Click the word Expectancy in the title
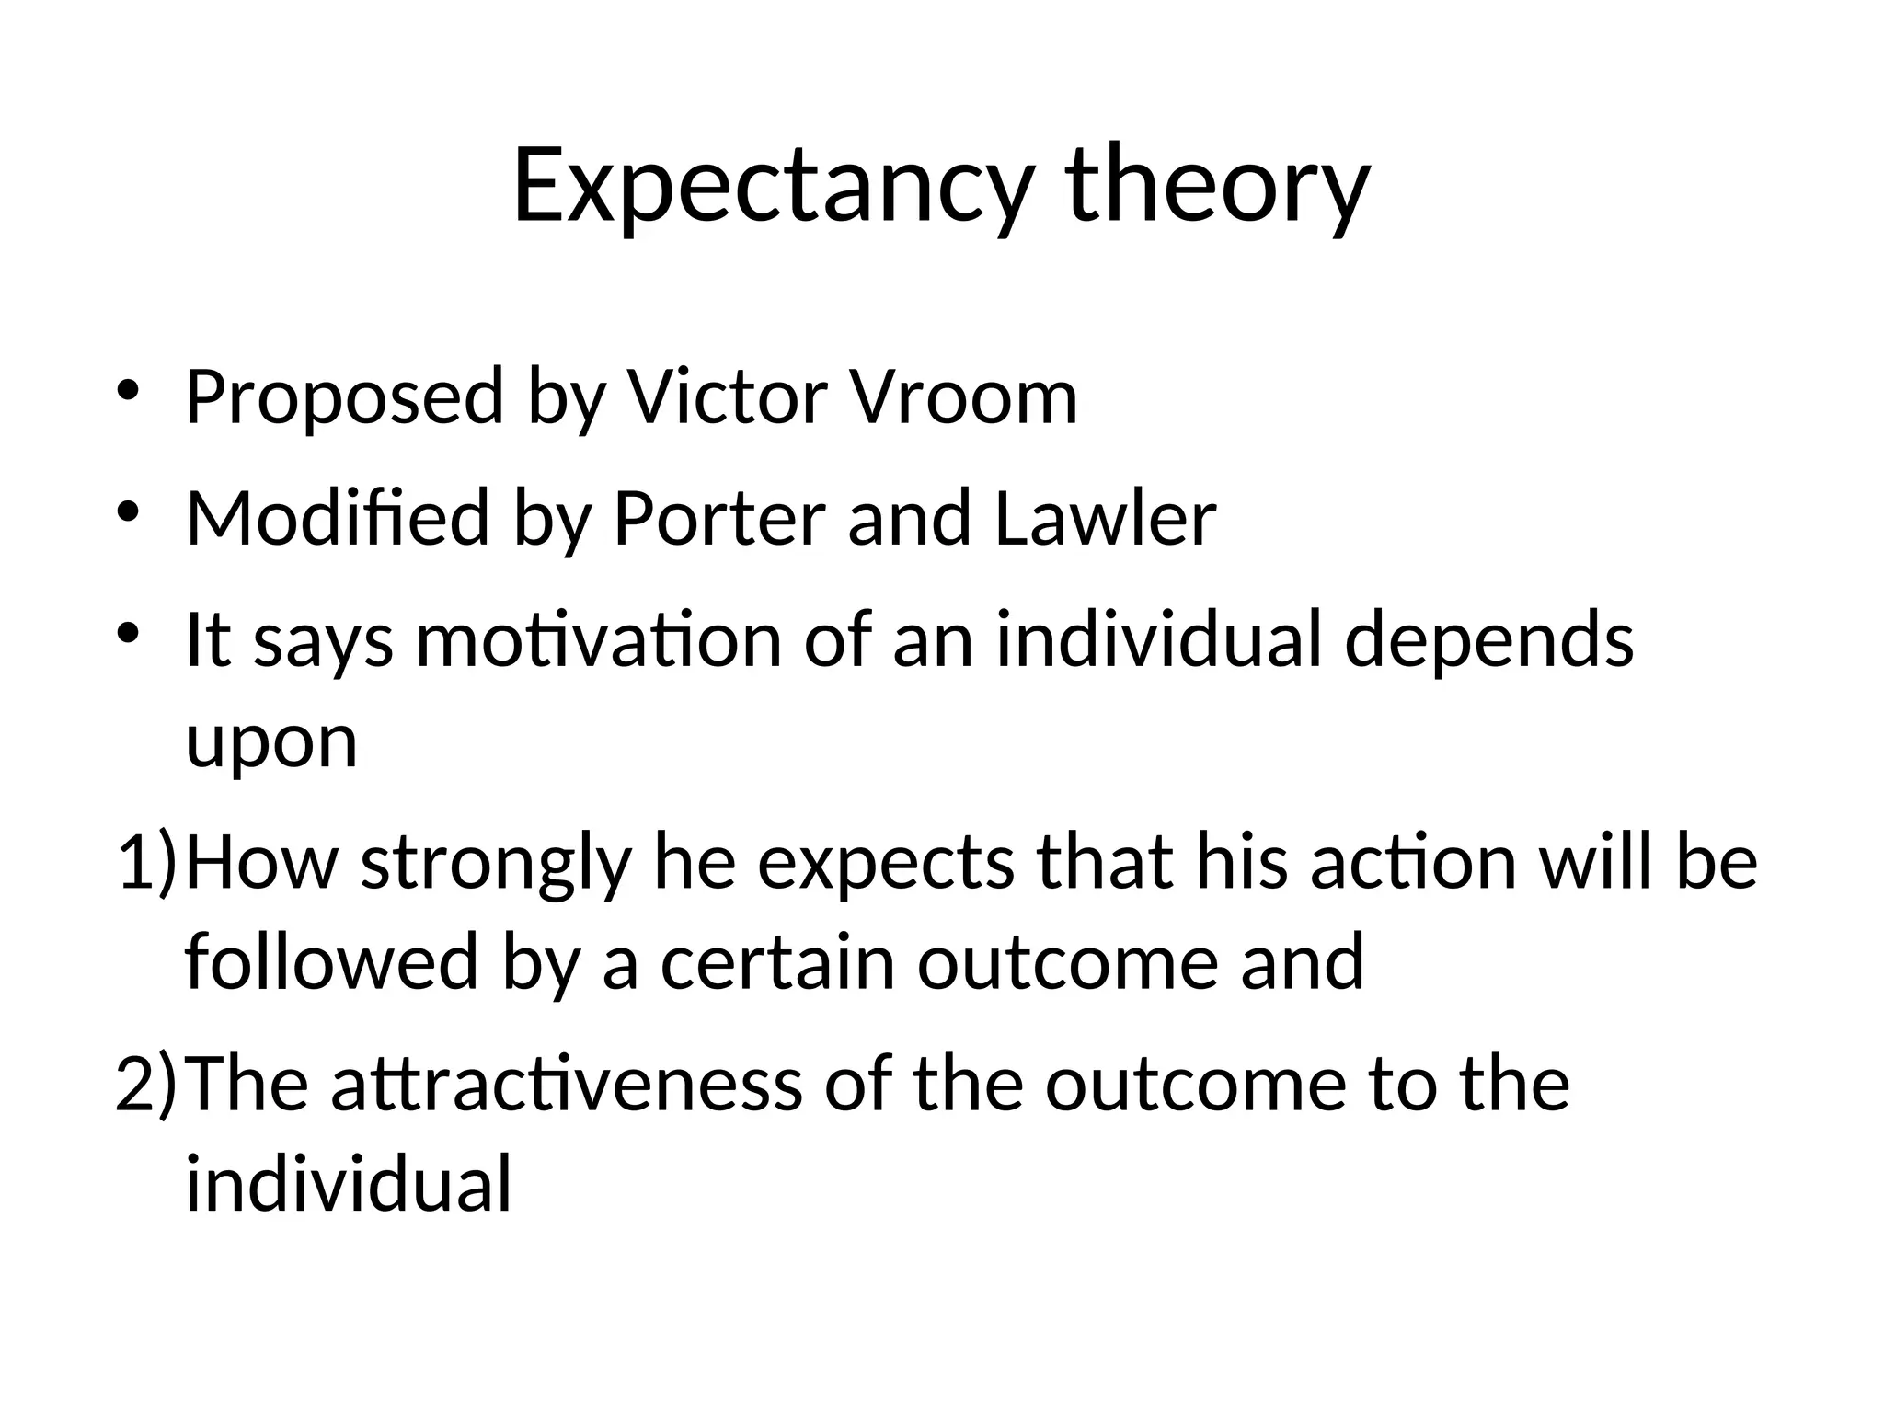pos(771,187)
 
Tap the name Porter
pos(718,519)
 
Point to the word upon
pos(271,743)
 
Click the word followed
pos(332,962)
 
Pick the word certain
pos(777,962)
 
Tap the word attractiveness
pos(567,1084)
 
